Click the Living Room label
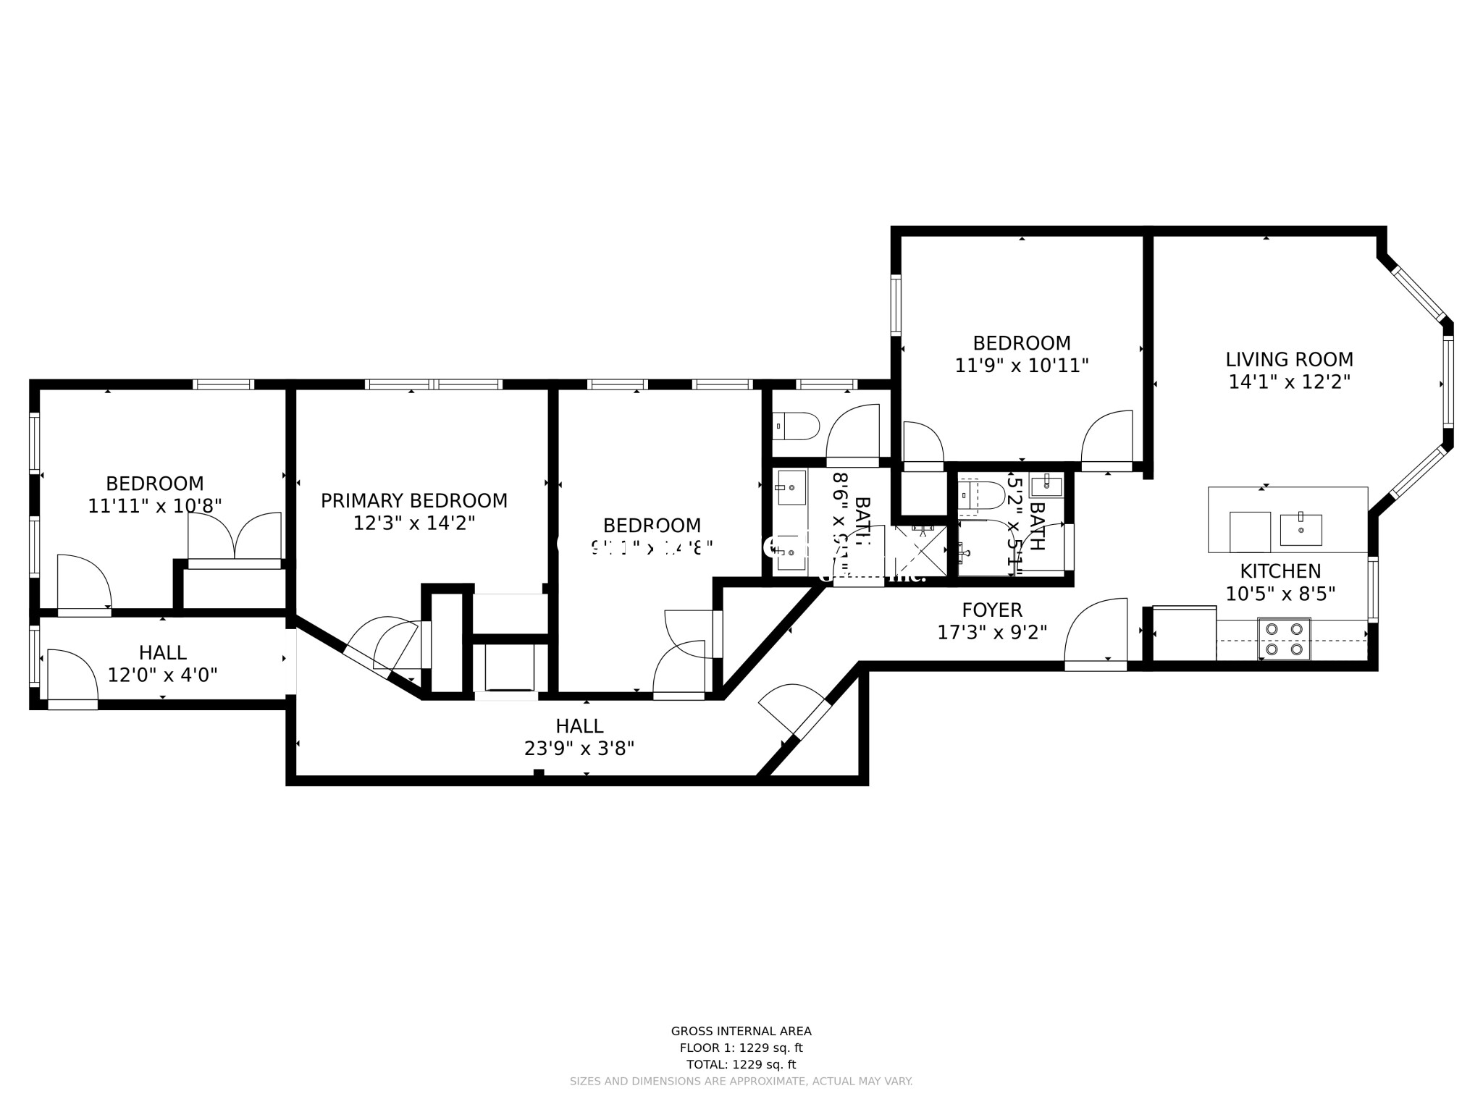(x=1289, y=360)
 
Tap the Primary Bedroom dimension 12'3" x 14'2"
(x=413, y=523)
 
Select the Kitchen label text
(x=1280, y=571)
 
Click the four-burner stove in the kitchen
(x=1284, y=639)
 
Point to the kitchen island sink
(x=1301, y=529)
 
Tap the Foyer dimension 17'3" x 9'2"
(x=992, y=633)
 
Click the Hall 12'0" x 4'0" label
(x=163, y=664)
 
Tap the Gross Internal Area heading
(x=741, y=1032)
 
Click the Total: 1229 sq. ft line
(x=741, y=1065)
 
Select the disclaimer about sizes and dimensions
(x=741, y=1082)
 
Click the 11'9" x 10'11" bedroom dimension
(x=1022, y=366)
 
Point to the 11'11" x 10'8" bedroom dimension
(x=154, y=506)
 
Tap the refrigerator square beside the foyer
(x=1183, y=634)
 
